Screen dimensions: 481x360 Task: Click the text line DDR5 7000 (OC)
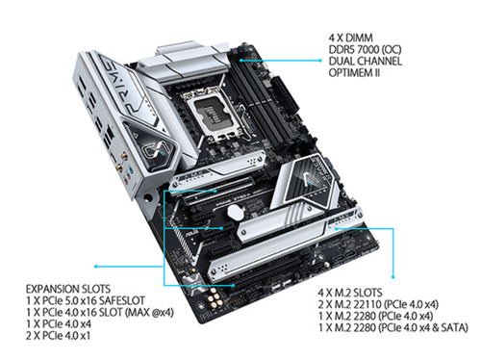click(365, 49)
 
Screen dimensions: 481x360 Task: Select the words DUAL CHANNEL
click(366, 61)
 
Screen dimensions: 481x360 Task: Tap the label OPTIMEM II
click(354, 72)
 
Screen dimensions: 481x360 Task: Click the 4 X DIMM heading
click(351, 38)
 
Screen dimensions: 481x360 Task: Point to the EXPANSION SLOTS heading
click(68, 289)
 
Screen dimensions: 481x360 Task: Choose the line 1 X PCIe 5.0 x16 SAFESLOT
click(86, 300)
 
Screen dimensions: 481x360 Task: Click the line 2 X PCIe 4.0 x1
click(58, 336)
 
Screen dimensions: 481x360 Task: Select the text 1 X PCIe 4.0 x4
click(59, 324)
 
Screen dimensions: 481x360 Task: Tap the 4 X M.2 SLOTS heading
click(350, 293)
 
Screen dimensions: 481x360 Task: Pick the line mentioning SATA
click(393, 327)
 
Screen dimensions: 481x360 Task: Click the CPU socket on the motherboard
click(209, 116)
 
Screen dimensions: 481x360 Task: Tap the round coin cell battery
click(236, 212)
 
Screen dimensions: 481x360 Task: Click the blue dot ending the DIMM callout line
click(319, 61)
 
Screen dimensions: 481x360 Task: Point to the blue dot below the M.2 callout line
click(393, 276)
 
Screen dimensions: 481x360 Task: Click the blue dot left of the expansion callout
click(95, 267)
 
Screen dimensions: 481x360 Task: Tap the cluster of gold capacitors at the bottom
click(215, 298)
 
